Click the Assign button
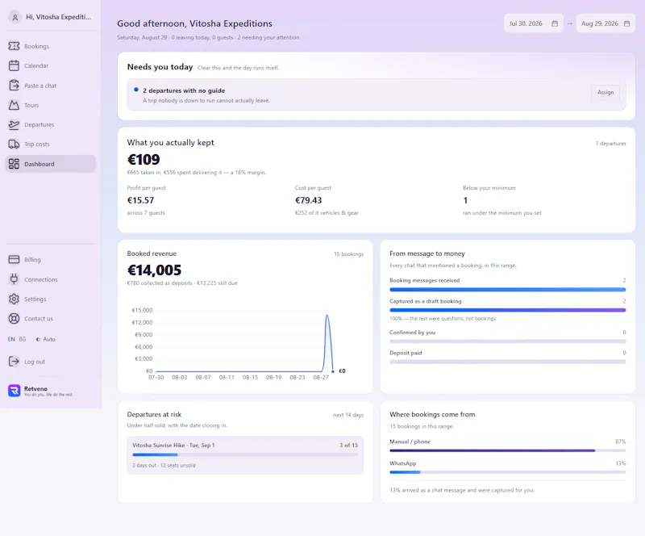coord(605,92)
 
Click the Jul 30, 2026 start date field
coord(534,23)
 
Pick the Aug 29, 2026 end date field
coord(605,23)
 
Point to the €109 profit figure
coord(144,160)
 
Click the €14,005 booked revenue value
coord(154,270)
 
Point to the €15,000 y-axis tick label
coord(142,310)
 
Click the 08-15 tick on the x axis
coord(250,378)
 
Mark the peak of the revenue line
coord(327,315)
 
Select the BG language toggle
coord(23,339)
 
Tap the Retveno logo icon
coord(15,391)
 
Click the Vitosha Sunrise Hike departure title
coord(173,446)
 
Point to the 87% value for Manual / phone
coord(620,442)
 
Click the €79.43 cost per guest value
coord(309,200)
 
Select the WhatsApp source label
coord(402,463)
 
